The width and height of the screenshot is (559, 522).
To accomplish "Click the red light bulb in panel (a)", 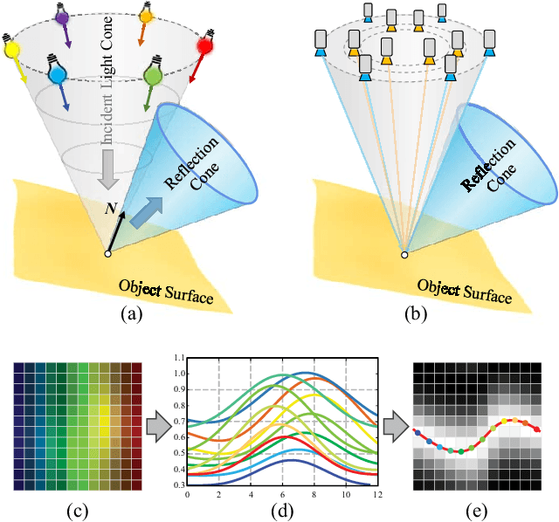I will click(x=205, y=44).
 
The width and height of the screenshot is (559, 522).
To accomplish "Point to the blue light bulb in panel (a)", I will click(x=57, y=75).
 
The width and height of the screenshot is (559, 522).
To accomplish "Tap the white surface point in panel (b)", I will click(x=404, y=255).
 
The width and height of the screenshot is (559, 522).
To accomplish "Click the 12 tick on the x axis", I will click(x=376, y=494).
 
